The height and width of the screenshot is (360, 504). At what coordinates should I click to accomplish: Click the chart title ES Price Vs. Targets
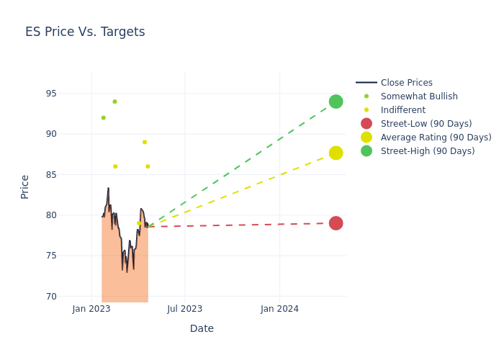click(85, 32)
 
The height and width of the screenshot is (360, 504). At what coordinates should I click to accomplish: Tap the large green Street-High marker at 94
click(336, 102)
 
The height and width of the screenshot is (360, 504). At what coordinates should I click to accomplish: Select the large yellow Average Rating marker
click(336, 153)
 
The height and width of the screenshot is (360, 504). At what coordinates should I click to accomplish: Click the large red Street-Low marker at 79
click(336, 223)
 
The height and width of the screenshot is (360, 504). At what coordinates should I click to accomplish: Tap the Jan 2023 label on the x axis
click(91, 310)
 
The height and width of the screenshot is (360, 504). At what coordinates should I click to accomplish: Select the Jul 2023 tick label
click(185, 310)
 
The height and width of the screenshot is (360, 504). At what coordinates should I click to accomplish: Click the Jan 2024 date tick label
click(279, 310)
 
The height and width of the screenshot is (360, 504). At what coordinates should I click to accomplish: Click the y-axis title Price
click(25, 186)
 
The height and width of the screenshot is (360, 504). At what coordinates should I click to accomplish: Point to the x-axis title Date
click(202, 328)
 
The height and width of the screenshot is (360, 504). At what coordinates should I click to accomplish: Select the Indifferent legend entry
click(402, 110)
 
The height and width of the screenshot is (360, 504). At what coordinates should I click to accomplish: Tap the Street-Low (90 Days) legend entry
click(426, 124)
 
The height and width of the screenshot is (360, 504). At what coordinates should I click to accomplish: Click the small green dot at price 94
click(114, 102)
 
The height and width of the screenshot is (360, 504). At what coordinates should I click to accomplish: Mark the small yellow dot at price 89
click(145, 142)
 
